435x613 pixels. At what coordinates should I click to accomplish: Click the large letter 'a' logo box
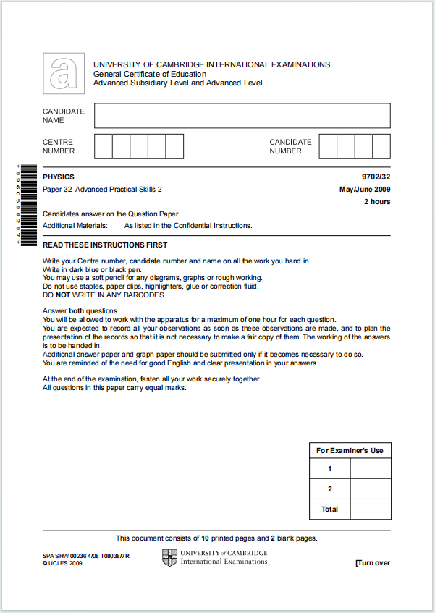point(64,73)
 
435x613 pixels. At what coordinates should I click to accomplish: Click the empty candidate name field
point(242,116)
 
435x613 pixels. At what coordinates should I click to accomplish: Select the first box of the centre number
point(104,146)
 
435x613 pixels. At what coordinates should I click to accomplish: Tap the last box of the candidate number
point(381,146)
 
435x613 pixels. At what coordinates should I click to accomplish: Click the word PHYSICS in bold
point(59,177)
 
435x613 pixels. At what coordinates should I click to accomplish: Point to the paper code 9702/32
point(376,177)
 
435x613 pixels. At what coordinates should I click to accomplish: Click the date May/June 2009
point(365,190)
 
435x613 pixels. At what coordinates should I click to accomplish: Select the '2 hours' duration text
point(376,202)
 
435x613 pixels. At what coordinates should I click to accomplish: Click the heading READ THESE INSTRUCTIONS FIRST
point(105,245)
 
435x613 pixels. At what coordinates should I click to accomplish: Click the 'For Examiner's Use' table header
point(350,450)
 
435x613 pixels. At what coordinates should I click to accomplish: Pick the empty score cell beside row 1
point(370,469)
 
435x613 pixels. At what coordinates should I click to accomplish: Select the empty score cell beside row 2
point(370,489)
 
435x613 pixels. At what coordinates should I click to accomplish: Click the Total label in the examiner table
point(329,510)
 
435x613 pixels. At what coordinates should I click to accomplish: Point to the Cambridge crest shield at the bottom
point(169,557)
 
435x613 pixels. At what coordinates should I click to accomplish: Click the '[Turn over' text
point(373,563)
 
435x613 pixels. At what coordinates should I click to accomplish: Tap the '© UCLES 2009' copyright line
point(62,563)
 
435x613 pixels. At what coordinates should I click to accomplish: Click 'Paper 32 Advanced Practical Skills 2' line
point(102,190)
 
